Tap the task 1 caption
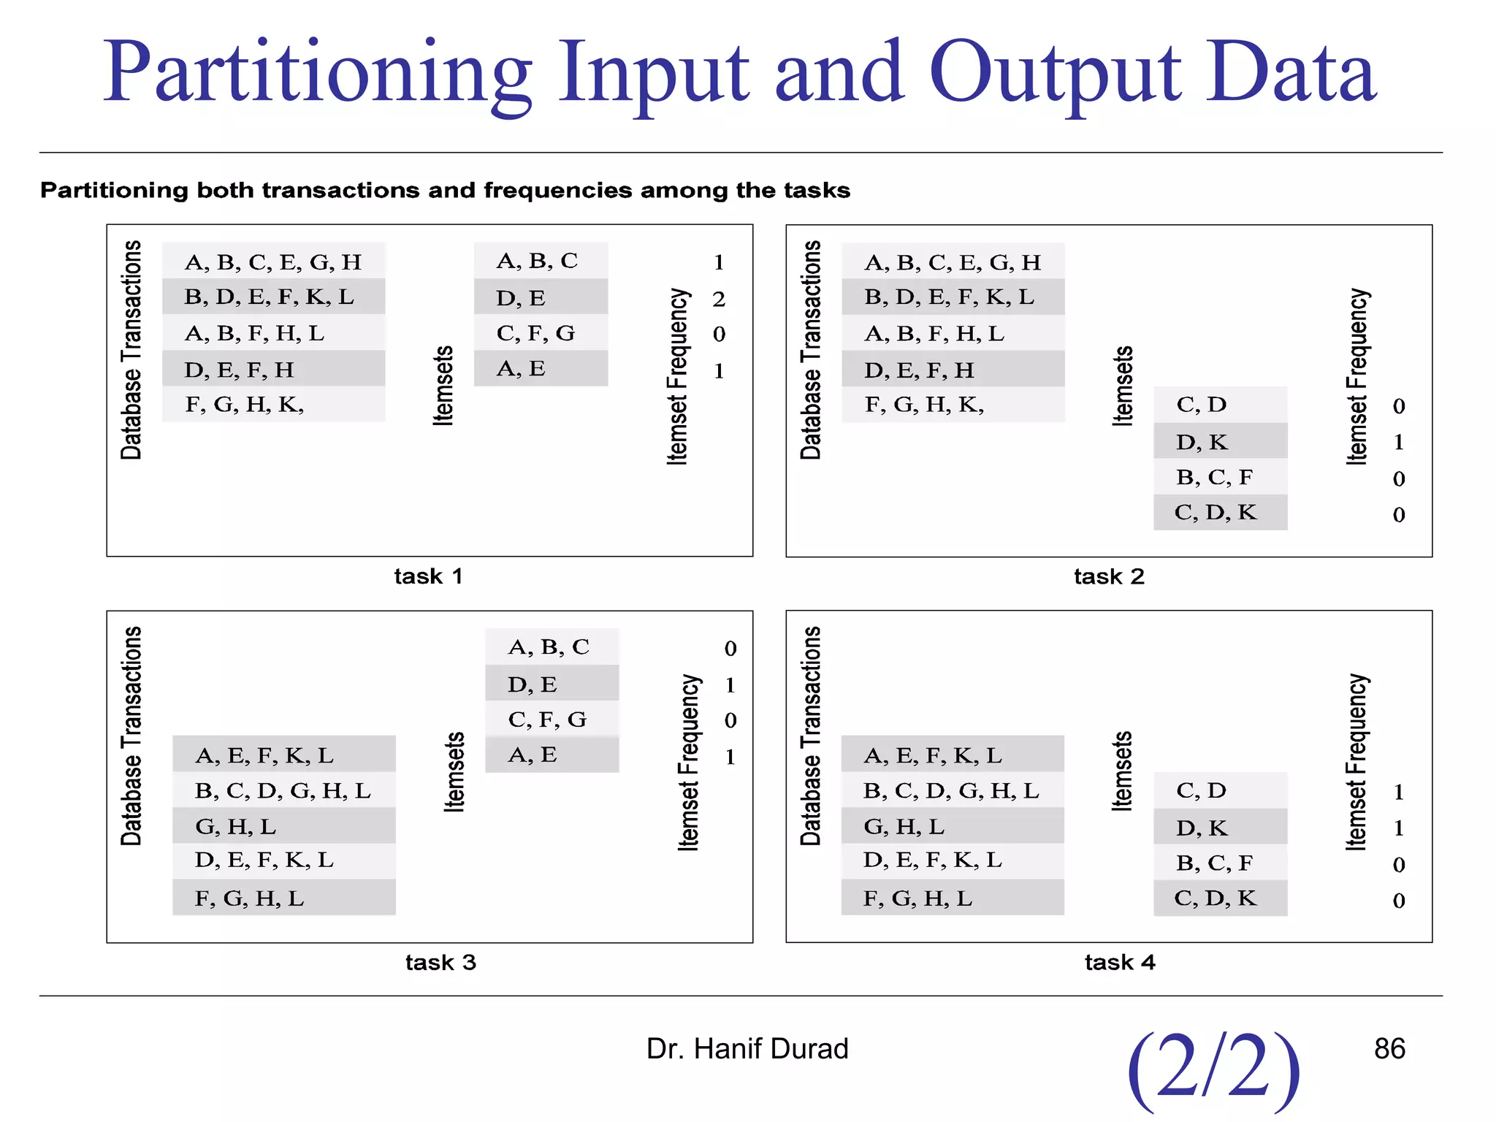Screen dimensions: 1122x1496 (428, 576)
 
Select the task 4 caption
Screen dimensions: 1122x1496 (1119, 962)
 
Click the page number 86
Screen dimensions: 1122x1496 (1389, 1048)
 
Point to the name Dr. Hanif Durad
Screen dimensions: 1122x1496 (747, 1048)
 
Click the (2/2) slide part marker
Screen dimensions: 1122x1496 (1213, 1068)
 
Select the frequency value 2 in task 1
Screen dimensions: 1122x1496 (719, 299)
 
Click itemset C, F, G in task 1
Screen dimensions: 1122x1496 (535, 333)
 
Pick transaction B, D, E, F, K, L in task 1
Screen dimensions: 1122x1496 (269, 297)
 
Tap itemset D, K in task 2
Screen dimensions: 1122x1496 (1202, 442)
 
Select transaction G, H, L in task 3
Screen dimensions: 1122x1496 (235, 826)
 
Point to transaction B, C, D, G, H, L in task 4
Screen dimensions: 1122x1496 (950, 790)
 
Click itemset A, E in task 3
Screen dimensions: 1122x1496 (532, 755)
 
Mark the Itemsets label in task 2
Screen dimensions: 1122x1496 (1122, 386)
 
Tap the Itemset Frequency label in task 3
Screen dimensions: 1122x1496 (688, 763)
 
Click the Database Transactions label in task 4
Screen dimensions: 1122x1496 (811, 736)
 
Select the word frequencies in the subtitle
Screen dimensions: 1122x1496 (558, 191)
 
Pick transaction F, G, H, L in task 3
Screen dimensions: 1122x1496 (249, 898)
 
